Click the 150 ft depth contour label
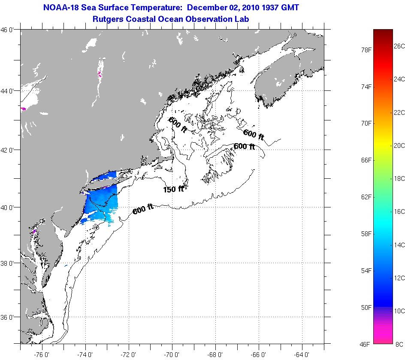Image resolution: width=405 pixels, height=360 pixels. click(x=173, y=189)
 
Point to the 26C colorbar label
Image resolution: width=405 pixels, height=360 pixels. click(x=399, y=46)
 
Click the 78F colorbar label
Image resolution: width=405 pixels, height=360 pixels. click(x=366, y=50)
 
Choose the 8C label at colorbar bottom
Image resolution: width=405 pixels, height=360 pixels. click(x=399, y=344)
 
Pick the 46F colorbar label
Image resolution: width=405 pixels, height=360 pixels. click(x=366, y=344)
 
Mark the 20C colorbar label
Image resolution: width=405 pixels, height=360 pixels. click(x=399, y=145)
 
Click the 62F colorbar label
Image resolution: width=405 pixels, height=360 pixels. click(x=366, y=197)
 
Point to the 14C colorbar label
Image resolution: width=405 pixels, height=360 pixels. click(x=399, y=245)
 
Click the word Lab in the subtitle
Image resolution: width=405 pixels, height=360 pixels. click(x=242, y=19)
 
